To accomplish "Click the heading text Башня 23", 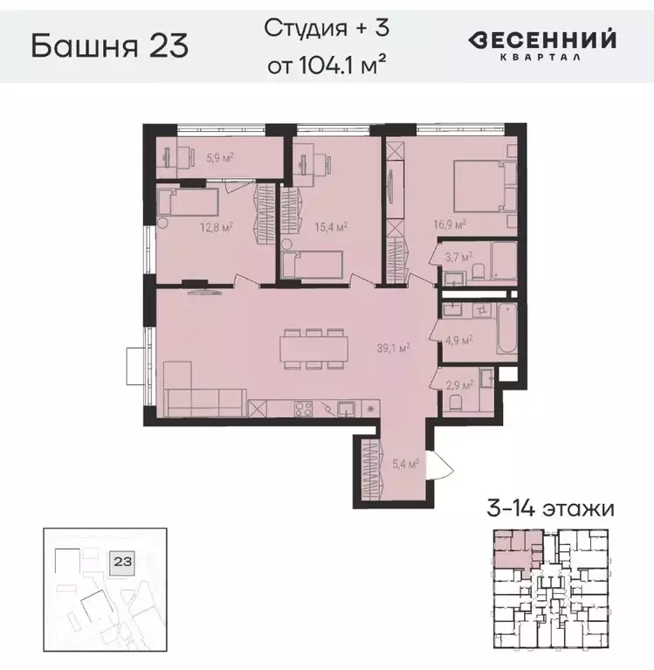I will coord(109,45).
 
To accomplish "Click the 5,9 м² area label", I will coord(219,159).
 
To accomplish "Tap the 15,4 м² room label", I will coord(331,227).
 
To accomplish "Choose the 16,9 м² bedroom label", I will coord(449,224).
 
